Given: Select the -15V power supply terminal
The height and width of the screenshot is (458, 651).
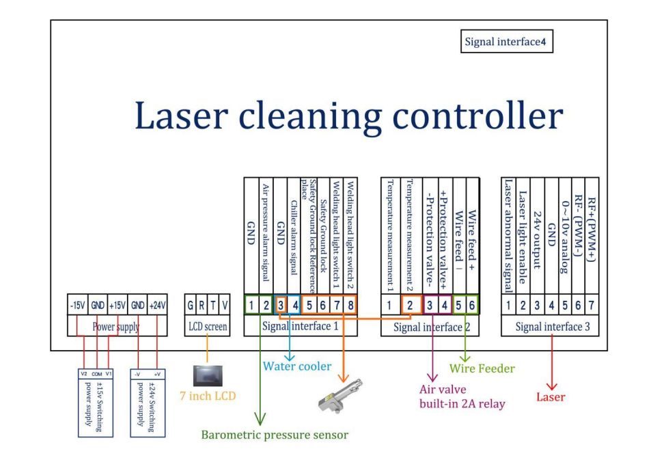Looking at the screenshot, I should pyautogui.click(x=76, y=306).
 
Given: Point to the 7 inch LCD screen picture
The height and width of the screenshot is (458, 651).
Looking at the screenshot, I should pyautogui.click(x=207, y=376).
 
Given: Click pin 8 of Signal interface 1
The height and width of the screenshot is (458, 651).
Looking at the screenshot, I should pyautogui.click(x=350, y=306).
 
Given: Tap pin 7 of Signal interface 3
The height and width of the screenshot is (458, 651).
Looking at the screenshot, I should pyautogui.click(x=592, y=306).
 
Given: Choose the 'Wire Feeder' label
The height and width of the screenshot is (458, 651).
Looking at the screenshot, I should pyautogui.click(x=482, y=368).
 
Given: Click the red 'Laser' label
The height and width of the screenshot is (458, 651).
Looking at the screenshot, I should pyautogui.click(x=551, y=396).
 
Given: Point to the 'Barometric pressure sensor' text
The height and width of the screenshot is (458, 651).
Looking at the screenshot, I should pyautogui.click(x=275, y=435).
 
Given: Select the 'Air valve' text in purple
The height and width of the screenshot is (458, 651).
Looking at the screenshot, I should pyautogui.click(x=441, y=390).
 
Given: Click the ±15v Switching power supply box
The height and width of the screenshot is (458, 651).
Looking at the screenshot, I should pyautogui.click(x=94, y=403).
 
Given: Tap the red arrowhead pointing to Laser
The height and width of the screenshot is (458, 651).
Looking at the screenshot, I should pyautogui.click(x=551, y=383).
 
